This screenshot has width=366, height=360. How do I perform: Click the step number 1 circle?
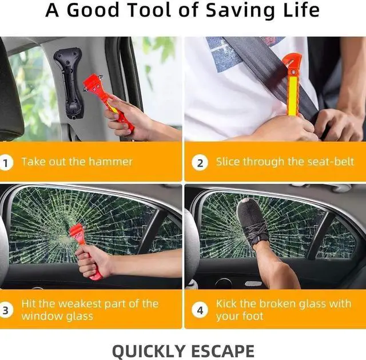(x=7, y=163)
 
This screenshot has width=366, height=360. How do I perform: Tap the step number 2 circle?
(x=200, y=163)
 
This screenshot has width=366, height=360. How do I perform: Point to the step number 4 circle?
(x=200, y=311)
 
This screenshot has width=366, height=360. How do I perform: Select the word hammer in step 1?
(x=112, y=162)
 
